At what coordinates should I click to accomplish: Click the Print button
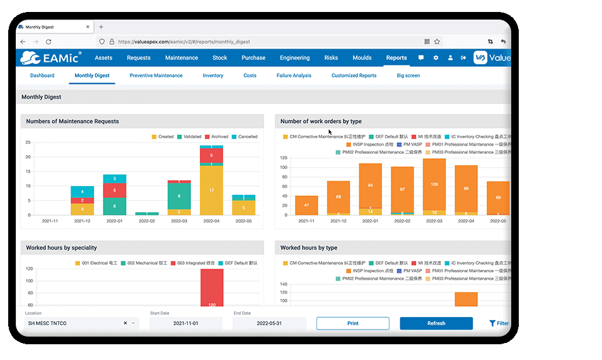coord(352,323)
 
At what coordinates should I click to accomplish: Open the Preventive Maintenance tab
coord(156,76)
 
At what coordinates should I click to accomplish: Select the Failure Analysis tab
coord(294,76)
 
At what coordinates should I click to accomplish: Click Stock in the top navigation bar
coord(219,58)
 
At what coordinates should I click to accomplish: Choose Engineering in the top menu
coord(294,58)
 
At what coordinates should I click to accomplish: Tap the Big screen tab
coord(408,76)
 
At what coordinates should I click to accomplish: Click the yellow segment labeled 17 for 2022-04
coord(211,190)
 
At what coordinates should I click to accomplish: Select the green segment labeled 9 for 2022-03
coord(179,196)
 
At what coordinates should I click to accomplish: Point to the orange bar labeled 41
coord(306,205)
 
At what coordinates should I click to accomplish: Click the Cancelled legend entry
coord(245,137)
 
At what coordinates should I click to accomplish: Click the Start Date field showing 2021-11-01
coord(186,323)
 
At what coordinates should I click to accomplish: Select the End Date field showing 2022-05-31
coord(269,323)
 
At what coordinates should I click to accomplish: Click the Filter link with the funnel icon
coord(499,323)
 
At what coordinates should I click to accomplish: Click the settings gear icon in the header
coord(436,58)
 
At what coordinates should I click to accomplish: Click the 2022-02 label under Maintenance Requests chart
coord(147,221)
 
